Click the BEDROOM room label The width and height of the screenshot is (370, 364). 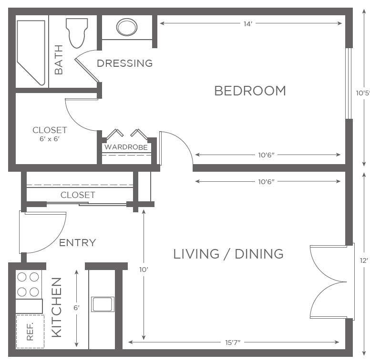coord(250,91)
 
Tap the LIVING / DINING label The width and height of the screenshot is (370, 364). coord(228,254)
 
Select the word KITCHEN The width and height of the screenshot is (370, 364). coord(57,307)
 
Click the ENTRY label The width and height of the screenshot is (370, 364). coord(77,243)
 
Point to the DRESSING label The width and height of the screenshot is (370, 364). coord(124,63)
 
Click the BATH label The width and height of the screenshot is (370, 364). coord(59,60)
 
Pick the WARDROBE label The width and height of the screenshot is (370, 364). coord(126,147)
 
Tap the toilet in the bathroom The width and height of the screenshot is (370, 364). coord(77,33)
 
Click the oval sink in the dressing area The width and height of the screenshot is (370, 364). coord(127,27)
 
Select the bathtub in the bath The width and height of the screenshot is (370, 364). coord(31,52)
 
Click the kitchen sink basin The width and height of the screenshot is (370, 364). coord(103,304)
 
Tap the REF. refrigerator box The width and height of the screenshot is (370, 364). coord(30,331)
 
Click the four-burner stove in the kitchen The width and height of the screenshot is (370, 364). coord(29,284)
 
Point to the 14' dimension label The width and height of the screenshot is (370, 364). coord(248,24)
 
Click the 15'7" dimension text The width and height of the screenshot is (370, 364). coord(233,343)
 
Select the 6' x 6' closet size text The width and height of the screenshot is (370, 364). coord(49,139)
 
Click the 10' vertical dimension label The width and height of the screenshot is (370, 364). coord(144,270)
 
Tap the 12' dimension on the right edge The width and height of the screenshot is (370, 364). coord(364,260)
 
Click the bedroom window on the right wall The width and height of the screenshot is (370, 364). coord(349,83)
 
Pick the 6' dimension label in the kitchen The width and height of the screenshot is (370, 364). coord(76,308)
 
